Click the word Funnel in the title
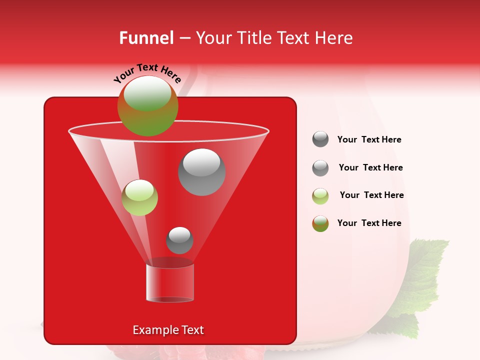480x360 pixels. tap(146, 38)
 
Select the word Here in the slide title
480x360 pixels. tap(334, 38)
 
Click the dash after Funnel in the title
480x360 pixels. tap(184, 38)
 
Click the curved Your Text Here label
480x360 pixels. tap(147, 73)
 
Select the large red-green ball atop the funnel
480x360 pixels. tap(147, 105)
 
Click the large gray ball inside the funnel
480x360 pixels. tap(202, 172)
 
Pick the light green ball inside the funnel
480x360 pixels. tap(140, 197)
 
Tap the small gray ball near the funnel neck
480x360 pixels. tap(179, 240)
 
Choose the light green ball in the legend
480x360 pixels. tap(320, 196)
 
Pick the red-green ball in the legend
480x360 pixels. tap(320, 224)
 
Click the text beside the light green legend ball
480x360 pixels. tap(371, 195)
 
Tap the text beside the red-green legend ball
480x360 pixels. tap(369, 223)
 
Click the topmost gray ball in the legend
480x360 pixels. tap(320, 139)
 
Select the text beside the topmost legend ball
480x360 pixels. tap(369, 139)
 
